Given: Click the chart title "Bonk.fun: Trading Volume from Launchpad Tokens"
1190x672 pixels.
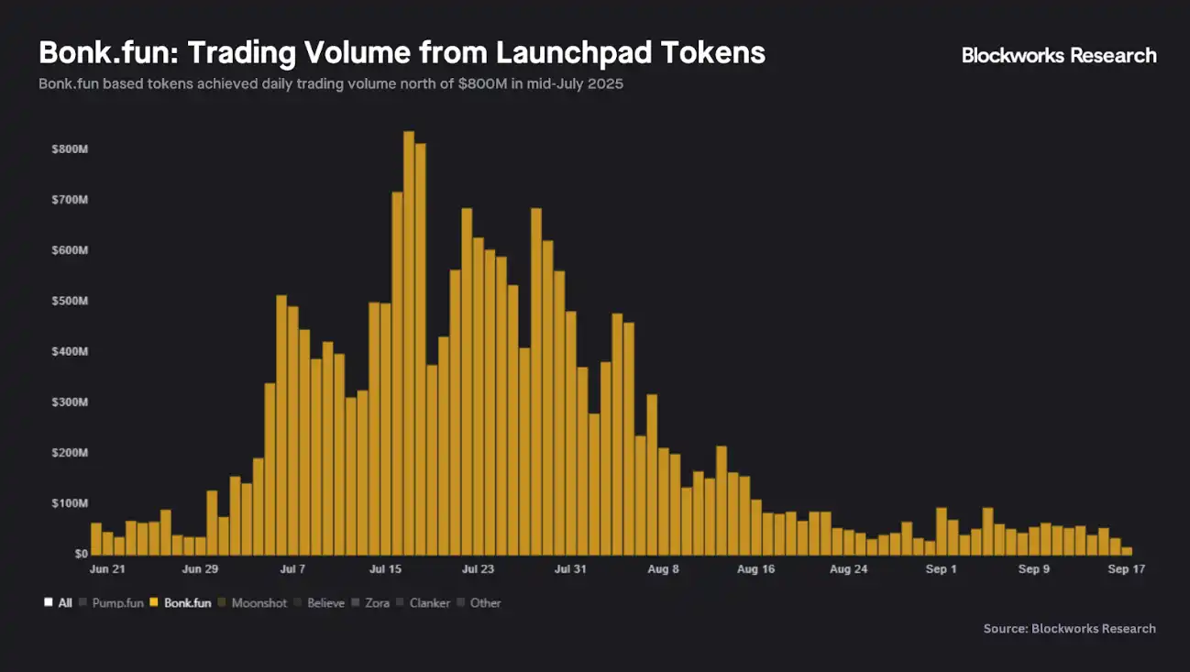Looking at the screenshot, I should tap(402, 52).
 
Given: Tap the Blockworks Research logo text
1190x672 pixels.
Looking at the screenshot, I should tap(1059, 55).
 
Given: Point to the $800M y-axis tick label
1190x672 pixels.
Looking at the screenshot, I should tap(70, 149).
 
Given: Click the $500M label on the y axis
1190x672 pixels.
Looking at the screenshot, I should tap(70, 302).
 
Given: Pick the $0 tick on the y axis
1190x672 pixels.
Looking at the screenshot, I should tap(81, 554).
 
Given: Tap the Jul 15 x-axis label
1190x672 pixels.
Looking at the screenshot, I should tap(385, 569).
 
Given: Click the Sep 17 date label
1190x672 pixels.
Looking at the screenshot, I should tap(1127, 569).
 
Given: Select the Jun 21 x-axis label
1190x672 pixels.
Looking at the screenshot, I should tap(107, 569).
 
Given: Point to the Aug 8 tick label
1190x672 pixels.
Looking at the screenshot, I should tap(663, 569).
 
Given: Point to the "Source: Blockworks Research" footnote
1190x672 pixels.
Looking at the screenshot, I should tap(1069, 629).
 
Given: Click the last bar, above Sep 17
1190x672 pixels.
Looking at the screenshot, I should tap(1127, 551).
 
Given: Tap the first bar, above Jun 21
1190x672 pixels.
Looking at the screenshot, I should tap(96, 539).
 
